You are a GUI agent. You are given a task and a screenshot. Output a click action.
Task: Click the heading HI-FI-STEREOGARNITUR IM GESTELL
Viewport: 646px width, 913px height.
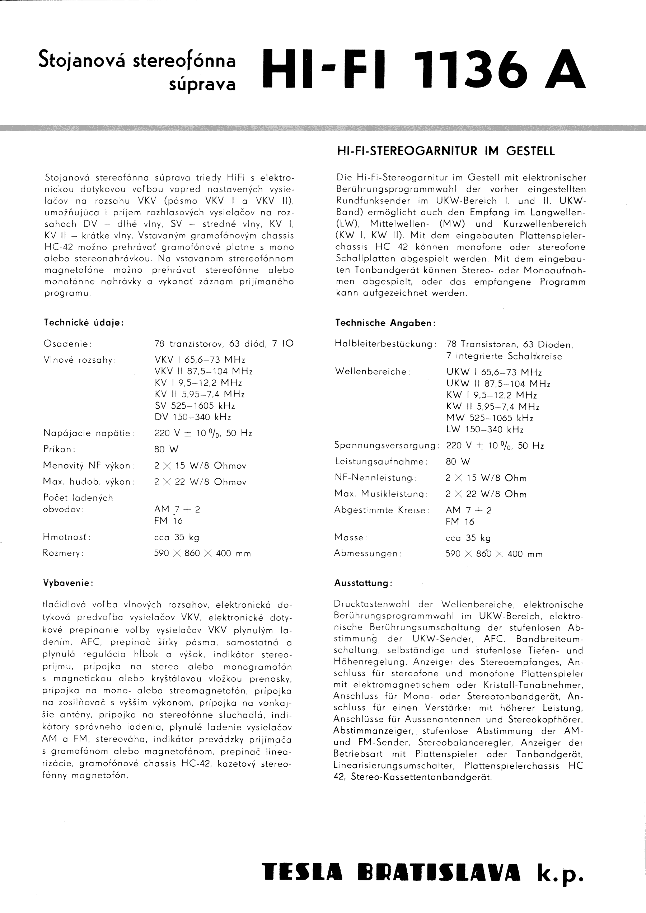pos(445,151)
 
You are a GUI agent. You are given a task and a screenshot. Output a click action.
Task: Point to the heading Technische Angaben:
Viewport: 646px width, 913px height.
pos(385,323)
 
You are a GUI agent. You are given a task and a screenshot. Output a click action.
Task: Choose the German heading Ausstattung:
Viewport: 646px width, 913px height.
pos(363,583)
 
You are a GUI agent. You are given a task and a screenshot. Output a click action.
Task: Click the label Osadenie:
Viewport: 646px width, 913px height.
pos(67,344)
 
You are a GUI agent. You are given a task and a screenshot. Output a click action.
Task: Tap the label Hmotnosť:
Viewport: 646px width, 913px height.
pos(67,537)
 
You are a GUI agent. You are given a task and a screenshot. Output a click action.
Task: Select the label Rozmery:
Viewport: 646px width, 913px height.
pos(63,553)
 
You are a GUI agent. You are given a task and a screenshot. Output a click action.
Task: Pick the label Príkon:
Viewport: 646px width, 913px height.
pos(60,450)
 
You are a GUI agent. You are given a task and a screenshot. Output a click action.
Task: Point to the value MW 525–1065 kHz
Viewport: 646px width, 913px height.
pos(489,418)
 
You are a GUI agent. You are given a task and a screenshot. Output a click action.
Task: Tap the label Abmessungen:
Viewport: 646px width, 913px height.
pos(368,554)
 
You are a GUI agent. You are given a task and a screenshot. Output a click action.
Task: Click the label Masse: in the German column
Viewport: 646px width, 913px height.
pos(350,538)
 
